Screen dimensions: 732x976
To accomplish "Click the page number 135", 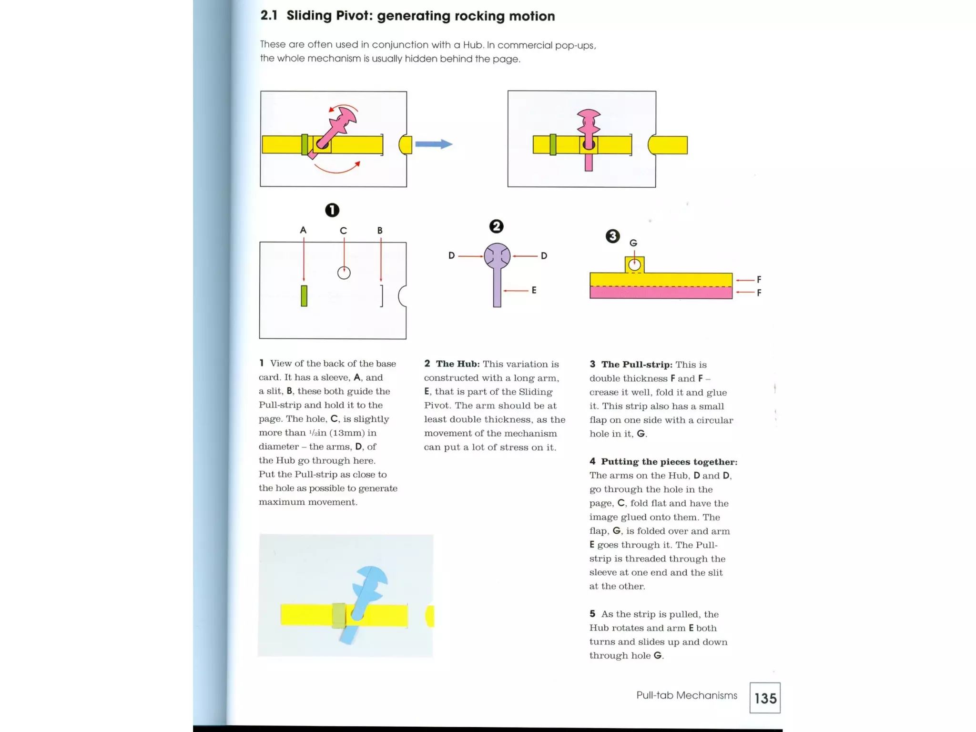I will (x=765, y=698).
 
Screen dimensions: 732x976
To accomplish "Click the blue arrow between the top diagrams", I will (x=433, y=144).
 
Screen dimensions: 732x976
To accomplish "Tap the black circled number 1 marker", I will (x=332, y=210).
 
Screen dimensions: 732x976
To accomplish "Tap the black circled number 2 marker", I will (x=496, y=226).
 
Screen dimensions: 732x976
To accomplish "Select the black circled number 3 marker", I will (x=612, y=236).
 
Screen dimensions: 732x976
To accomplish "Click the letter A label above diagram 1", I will (x=303, y=230).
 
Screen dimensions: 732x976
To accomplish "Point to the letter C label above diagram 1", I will (x=343, y=231).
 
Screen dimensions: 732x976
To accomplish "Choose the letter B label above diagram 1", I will (x=380, y=230).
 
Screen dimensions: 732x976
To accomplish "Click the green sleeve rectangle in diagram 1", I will (x=304, y=295).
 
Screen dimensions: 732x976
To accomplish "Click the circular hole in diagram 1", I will (x=344, y=273).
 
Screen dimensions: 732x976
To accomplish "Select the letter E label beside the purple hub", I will (x=534, y=290).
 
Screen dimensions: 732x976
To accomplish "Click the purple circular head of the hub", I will (x=497, y=256).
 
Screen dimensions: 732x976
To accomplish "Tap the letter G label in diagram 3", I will (x=633, y=243).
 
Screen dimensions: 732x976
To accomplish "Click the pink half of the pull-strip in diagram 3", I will (x=661, y=293).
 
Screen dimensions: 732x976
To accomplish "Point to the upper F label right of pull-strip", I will (x=759, y=280).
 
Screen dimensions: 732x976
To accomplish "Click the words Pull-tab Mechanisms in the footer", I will (x=686, y=695).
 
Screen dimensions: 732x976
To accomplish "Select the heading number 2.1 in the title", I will (x=269, y=16).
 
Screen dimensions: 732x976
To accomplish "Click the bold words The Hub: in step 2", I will (x=457, y=364).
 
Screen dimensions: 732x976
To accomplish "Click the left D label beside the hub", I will (x=451, y=256).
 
